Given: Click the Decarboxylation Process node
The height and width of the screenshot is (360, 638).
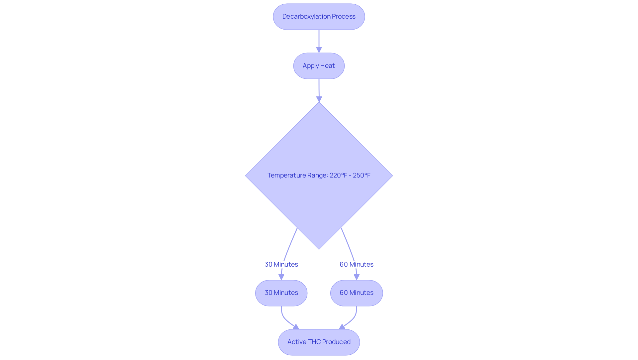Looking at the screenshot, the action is point(319,17).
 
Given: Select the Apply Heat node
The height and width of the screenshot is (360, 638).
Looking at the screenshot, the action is point(319,66).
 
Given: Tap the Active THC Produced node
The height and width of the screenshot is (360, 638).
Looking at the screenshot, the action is point(319,342).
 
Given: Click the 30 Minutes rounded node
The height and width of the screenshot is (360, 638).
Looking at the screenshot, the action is point(281,293).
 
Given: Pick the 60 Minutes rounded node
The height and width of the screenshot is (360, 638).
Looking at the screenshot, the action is point(357,293).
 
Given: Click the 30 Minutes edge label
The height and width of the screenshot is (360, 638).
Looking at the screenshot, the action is point(281,264).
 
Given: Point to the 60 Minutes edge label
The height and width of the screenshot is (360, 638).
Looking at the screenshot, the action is point(357,264).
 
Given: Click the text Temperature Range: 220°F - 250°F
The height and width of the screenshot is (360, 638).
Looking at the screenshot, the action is point(319,175).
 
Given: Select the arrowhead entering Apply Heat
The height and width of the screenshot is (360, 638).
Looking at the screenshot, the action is point(319,50).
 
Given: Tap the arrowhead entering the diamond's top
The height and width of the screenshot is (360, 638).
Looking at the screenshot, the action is point(319,99).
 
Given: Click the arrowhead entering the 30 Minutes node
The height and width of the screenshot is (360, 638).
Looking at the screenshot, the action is point(281,277).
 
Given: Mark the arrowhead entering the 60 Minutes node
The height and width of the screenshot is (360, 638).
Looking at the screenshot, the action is point(357,277).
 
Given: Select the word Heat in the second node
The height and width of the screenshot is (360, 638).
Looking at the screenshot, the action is point(327,66).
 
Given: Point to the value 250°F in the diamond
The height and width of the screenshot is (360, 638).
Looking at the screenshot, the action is point(362,175).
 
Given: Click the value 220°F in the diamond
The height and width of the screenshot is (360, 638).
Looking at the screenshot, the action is point(338,175).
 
